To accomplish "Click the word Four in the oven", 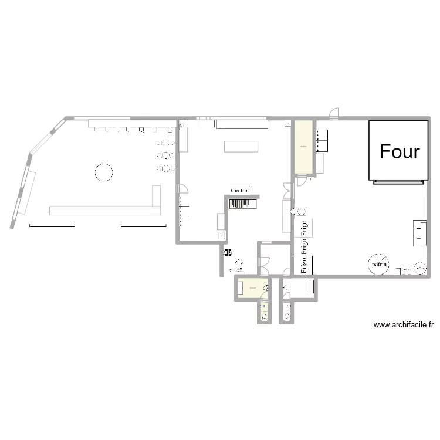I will click(x=400, y=151).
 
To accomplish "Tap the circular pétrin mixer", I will click(x=379, y=265).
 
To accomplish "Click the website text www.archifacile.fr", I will click(x=402, y=324).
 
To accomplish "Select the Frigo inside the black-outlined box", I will click(x=304, y=265).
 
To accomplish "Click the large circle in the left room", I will click(x=103, y=172).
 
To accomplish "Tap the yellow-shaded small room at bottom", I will click(x=252, y=289).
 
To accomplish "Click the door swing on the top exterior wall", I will click(x=334, y=113).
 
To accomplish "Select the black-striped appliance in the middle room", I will click(x=242, y=203).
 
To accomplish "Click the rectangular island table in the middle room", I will click(x=241, y=146).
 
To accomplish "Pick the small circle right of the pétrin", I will click(x=420, y=268).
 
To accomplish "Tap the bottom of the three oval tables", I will click(x=166, y=169).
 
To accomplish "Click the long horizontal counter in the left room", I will click(x=106, y=210).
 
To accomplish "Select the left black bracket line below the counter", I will click(x=52, y=226).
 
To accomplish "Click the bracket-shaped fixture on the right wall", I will click(x=421, y=232).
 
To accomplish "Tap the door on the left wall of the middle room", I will click(x=183, y=188).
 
